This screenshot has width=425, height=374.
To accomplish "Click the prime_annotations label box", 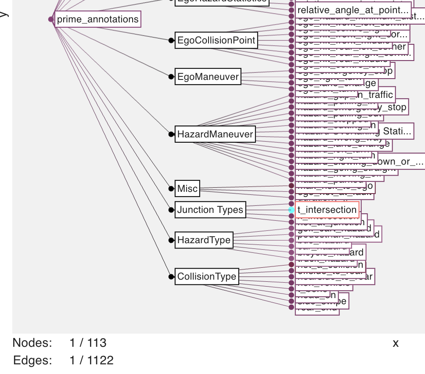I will point(97,19).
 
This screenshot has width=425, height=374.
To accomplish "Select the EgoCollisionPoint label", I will point(216,40).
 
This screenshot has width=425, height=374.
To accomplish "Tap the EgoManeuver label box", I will point(208,77).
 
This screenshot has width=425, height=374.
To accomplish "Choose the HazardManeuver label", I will point(215,134).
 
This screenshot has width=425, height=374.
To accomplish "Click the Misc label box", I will point(187,189).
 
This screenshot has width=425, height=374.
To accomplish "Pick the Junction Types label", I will point(210,210).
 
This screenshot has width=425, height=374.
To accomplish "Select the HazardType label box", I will point(204,240).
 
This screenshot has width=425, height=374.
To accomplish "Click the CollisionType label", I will point(207,277).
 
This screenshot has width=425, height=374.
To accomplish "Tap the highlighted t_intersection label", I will point(327,210).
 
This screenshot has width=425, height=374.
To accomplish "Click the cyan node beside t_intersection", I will point(291,210).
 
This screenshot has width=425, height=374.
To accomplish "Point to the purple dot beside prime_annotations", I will point(51,19).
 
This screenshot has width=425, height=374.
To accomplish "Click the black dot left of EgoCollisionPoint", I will point(171,40).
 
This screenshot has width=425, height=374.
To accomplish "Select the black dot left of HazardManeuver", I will point(171,134).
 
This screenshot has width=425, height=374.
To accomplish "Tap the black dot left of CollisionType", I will point(171,277).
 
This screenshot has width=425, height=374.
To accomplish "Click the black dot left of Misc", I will point(171,189).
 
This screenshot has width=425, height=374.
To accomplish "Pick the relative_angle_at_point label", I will point(353,9).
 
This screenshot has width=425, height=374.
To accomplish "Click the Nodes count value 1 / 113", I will point(88,343).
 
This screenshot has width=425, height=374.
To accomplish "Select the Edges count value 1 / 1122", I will point(91,361).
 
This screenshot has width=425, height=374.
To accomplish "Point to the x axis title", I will point(396,343).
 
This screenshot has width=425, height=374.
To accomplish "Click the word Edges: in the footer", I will point(32,361).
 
